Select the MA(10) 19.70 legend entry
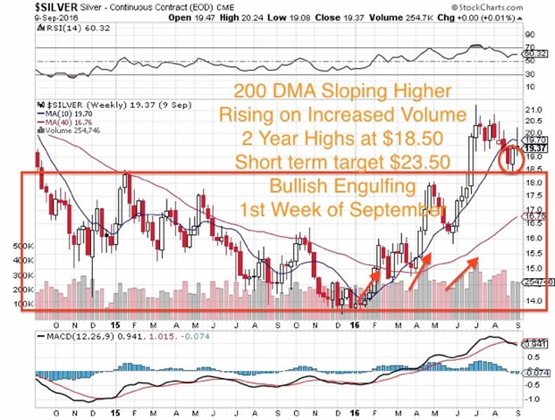coord(66,114)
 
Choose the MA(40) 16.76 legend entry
coord(66,124)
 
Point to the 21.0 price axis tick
coord(535,110)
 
